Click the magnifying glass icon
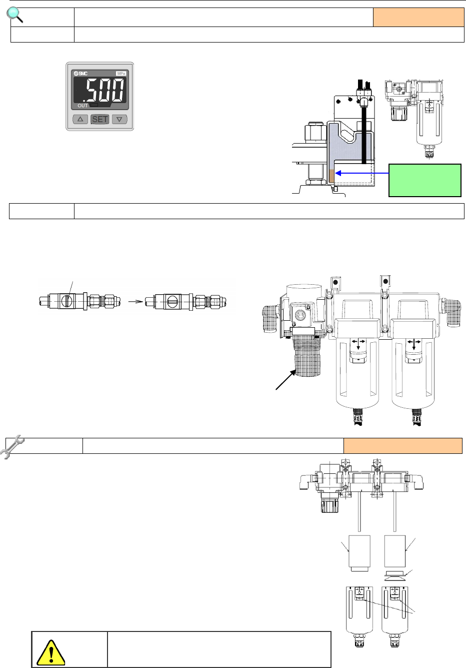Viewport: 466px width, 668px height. (x=14, y=15)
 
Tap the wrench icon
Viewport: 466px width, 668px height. (x=11, y=446)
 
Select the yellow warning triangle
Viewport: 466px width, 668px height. (x=50, y=653)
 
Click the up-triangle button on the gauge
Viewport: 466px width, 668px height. (x=80, y=119)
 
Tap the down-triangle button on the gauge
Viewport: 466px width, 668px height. (x=119, y=119)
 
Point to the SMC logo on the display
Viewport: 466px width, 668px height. (x=80, y=74)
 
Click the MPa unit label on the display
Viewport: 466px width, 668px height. (x=121, y=74)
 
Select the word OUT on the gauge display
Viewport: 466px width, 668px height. (x=82, y=106)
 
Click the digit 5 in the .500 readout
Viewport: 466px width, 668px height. (x=93, y=90)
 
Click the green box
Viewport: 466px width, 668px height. (x=425, y=180)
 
